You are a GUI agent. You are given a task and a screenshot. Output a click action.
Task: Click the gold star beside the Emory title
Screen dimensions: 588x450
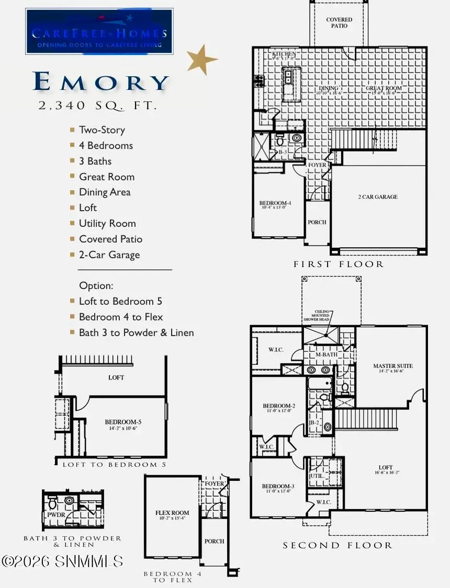click(x=201, y=59)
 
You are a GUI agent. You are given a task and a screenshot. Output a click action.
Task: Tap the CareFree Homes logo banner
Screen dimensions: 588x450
click(x=99, y=31)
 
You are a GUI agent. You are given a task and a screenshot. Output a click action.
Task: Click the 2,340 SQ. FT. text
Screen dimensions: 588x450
click(x=98, y=106)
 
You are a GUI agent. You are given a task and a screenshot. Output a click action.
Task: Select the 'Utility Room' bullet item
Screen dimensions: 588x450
click(x=107, y=224)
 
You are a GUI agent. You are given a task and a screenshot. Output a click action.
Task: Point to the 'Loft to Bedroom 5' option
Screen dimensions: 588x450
click(x=120, y=302)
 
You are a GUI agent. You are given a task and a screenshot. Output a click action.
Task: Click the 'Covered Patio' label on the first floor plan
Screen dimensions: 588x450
click(x=339, y=23)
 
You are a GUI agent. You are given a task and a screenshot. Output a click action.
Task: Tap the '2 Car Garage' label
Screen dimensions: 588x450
click(x=378, y=197)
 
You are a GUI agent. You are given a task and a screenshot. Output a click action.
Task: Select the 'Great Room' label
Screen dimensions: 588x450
click(x=384, y=89)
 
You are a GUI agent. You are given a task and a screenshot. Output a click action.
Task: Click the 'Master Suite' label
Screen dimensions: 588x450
click(x=392, y=366)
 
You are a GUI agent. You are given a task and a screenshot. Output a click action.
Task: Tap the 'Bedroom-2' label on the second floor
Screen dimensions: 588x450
click(x=279, y=406)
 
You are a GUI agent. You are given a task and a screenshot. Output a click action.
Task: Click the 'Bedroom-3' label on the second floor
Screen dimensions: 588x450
click(x=279, y=486)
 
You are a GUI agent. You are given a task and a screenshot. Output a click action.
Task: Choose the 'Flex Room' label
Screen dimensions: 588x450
click(x=172, y=513)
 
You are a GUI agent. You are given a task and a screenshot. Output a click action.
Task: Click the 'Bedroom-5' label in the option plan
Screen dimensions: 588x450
click(x=123, y=422)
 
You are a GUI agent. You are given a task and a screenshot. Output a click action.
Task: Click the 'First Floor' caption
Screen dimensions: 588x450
click(x=339, y=264)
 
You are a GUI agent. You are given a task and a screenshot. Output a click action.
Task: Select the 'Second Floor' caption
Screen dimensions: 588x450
click(x=337, y=546)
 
